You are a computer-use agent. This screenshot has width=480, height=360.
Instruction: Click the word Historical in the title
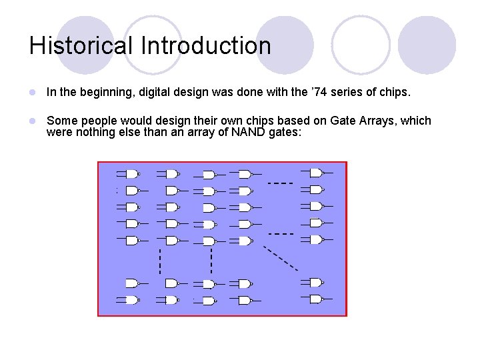[81, 46]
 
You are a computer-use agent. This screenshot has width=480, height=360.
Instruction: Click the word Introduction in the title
[206, 46]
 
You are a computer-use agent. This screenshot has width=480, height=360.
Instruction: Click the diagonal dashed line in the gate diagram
[280, 259]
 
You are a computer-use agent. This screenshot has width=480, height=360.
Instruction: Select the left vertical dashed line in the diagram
[160, 261]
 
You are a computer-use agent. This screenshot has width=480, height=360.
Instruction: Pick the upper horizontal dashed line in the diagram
[280, 183]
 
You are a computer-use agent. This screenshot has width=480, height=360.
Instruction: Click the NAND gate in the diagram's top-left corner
[131, 174]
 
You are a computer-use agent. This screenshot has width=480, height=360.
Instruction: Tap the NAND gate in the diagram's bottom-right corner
[315, 299]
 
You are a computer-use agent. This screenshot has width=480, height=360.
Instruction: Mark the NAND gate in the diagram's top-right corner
[315, 172]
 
